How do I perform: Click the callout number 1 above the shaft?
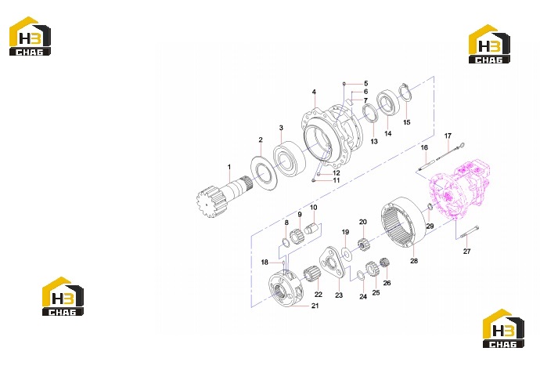point(229,167)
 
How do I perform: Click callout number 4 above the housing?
point(314,92)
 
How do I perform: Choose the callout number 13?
point(374,141)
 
